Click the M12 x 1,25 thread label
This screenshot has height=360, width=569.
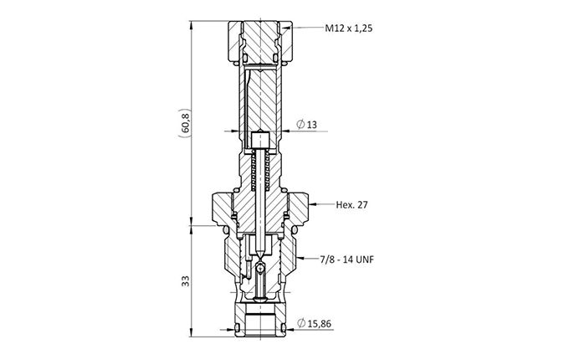click(x=348, y=28)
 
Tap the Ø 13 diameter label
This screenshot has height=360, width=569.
click(x=306, y=125)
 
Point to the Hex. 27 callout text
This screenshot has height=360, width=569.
click(x=351, y=205)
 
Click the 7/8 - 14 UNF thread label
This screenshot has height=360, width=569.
click(x=347, y=260)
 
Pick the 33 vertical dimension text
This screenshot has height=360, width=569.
click(x=186, y=281)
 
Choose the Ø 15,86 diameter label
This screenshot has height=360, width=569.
click(x=315, y=323)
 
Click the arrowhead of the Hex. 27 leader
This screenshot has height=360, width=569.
click(x=313, y=205)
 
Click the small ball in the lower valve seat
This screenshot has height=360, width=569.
click(x=260, y=268)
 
